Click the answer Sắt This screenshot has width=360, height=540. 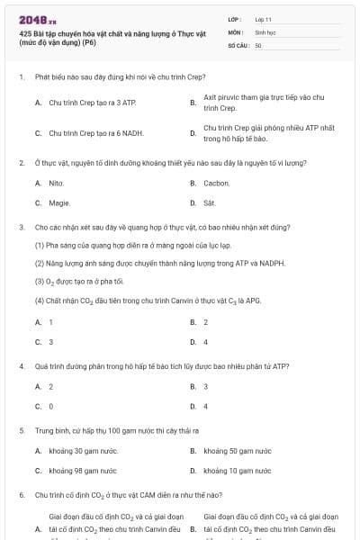point(210,203)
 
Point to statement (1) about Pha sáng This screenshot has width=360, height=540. point(133,245)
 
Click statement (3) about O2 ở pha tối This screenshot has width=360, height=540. point(85,281)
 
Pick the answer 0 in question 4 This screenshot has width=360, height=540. point(50,406)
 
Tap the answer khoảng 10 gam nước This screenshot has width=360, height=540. point(238,470)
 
